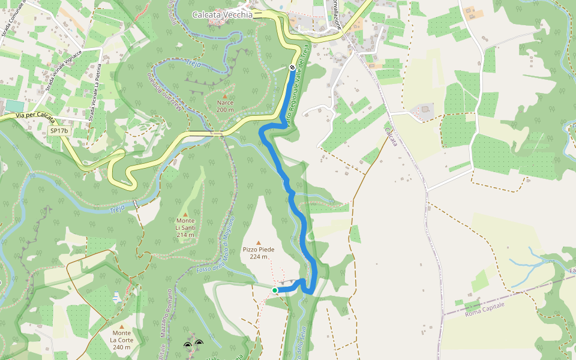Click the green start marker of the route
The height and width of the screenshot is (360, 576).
click(x=275, y=290)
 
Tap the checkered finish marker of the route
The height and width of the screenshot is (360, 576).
click(x=292, y=68)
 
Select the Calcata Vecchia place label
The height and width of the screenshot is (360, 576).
click(x=222, y=15)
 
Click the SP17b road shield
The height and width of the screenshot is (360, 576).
click(x=59, y=130)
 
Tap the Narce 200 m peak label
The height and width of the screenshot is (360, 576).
click(x=225, y=106)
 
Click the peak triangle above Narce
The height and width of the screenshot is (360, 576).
click(x=225, y=96)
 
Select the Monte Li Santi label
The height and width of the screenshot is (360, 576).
click(x=185, y=227)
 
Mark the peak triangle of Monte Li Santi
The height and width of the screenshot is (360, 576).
click(x=185, y=214)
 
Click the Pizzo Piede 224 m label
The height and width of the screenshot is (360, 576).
click(x=259, y=253)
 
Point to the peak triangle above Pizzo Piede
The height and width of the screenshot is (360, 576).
click(x=259, y=242)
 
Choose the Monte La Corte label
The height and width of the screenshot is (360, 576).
click(x=121, y=340)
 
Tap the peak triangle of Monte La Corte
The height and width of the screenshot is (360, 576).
click(x=121, y=327)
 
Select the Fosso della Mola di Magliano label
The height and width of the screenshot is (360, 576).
click(x=214, y=253)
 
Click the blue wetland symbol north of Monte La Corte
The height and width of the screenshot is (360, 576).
click(x=116, y=295)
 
